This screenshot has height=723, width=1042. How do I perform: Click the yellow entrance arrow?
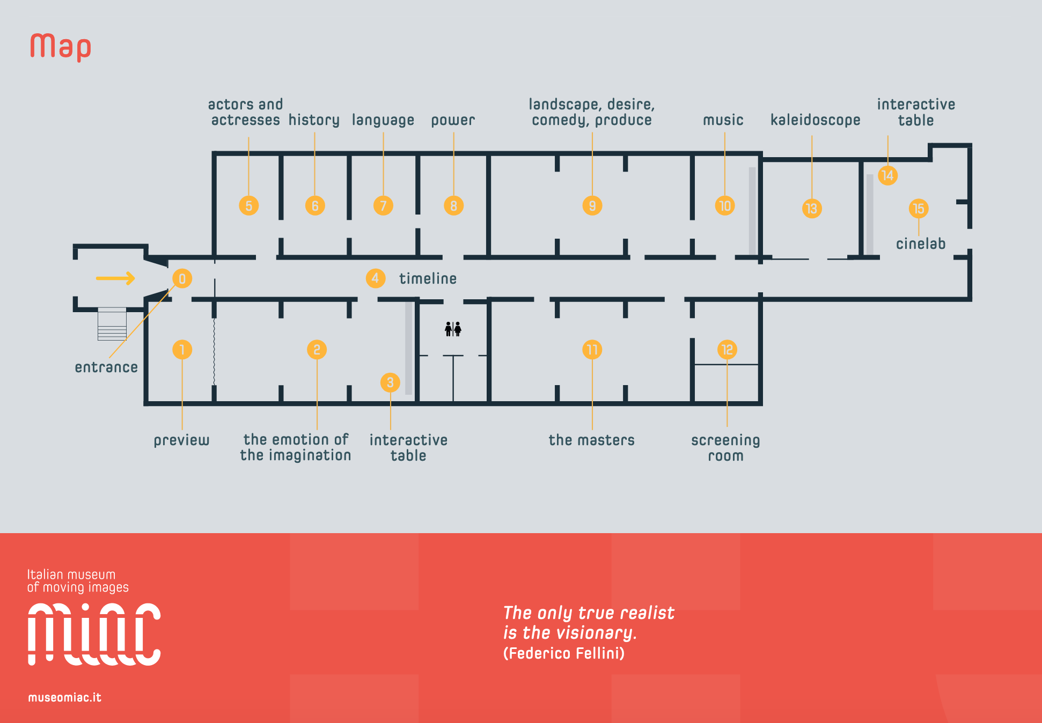tap(115, 278)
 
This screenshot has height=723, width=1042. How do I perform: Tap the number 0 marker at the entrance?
tap(182, 278)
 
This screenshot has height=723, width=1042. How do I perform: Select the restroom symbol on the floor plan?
tap(453, 329)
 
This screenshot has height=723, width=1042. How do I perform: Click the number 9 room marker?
tap(592, 205)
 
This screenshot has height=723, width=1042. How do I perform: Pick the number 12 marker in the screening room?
tap(727, 350)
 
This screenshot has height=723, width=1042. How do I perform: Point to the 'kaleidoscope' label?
tap(815, 120)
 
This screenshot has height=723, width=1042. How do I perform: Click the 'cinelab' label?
tap(920, 244)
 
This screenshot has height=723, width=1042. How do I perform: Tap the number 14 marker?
tap(887, 175)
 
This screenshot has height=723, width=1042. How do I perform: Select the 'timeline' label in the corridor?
tap(428, 278)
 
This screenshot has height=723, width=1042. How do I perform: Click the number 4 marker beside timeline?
tap(375, 278)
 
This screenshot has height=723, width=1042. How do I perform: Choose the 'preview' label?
tap(181, 440)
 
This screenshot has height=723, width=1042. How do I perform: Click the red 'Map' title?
tap(61, 47)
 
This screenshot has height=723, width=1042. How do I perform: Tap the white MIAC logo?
tap(94, 634)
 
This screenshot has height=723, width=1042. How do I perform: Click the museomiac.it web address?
tap(64, 697)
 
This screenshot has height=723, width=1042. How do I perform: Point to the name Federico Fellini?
tap(564, 653)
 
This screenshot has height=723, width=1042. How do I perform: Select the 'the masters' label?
tap(591, 440)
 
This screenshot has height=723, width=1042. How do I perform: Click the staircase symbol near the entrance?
tap(112, 324)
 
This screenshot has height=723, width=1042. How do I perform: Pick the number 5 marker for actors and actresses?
tap(248, 205)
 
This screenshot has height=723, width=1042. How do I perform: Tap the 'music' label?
tap(723, 120)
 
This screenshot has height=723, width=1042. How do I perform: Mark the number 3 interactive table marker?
tap(390, 382)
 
